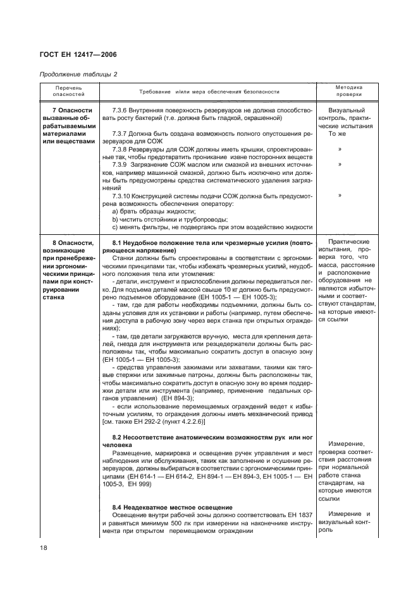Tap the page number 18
[x=43, y=547]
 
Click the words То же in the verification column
[x=336, y=134]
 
